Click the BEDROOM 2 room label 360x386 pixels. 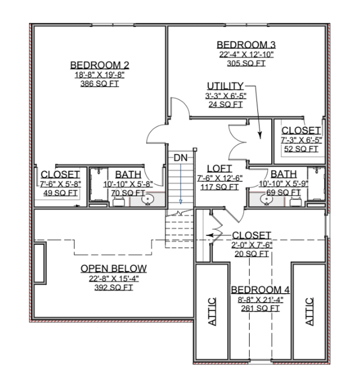pos(99,65)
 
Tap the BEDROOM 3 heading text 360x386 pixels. pos(246,45)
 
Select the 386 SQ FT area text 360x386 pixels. pos(99,84)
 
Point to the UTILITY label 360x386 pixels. pos(225,86)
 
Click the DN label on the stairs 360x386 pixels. pos(180,158)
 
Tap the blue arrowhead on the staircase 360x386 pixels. pos(181,202)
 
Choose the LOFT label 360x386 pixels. pos(219,169)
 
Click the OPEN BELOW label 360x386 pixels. pos(114,268)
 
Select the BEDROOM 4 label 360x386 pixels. pos(260,290)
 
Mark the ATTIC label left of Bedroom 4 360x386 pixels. pos(212,312)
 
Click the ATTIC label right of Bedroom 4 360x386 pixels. pos(309,312)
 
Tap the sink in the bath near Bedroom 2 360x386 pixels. pos(148,199)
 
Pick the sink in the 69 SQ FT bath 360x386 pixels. pos(266,199)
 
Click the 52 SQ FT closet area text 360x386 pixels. pos(301,149)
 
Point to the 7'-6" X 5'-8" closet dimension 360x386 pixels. pos(60,184)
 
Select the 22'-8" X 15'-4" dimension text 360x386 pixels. pos(114,279)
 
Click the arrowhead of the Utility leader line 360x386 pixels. pos(260,135)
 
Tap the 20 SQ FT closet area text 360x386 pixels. pos(252,254)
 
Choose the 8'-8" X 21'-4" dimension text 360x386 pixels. pos(261,300)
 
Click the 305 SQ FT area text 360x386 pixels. pos(246,63)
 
